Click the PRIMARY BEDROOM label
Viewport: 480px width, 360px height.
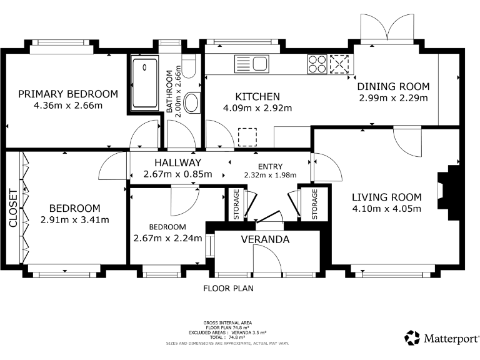point(68,94)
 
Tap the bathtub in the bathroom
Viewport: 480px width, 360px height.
point(145,82)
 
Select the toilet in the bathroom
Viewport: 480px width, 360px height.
point(189,66)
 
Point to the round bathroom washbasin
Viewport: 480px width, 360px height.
point(192,102)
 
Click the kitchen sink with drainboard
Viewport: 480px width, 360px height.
point(252,64)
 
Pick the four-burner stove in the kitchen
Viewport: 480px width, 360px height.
point(317,64)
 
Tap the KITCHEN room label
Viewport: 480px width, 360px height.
point(257,97)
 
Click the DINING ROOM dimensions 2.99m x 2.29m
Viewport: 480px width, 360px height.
point(393,98)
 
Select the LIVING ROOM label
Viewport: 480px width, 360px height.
point(387,197)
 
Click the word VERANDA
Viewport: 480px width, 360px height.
point(265,239)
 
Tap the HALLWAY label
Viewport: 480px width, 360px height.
point(178,162)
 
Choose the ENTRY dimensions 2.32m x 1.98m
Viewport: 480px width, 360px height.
point(270,175)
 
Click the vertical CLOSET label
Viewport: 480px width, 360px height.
point(14,208)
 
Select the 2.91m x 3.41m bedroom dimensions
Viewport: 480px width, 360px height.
point(75,220)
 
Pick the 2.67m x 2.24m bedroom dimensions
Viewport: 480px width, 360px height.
point(167,238)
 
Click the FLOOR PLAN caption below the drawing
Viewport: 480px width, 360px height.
point(228,288)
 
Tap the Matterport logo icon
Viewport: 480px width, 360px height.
point(412,337)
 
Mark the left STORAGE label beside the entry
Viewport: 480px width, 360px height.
point(236,204)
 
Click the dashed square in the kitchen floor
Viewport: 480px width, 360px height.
point(247,137)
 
